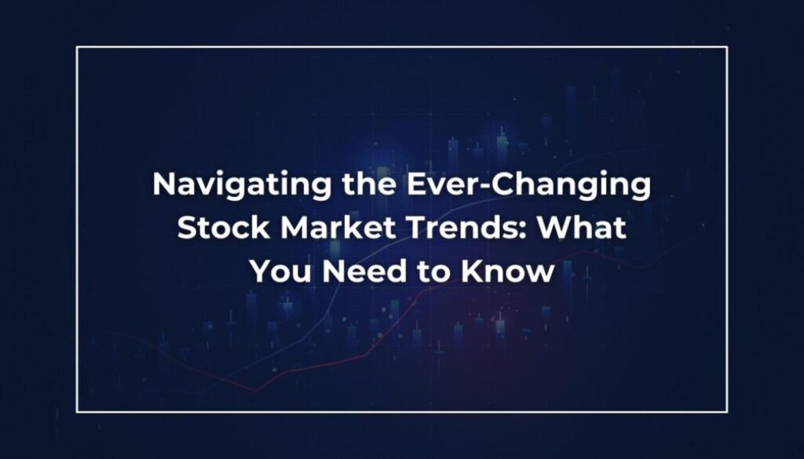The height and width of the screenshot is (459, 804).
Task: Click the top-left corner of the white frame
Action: coord(77,47)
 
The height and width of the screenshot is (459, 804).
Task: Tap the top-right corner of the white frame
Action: coord(727,47)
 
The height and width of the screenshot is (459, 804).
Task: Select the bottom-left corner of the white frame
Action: coord(77,412)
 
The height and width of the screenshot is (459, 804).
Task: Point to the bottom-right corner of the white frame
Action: coord(727,412)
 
